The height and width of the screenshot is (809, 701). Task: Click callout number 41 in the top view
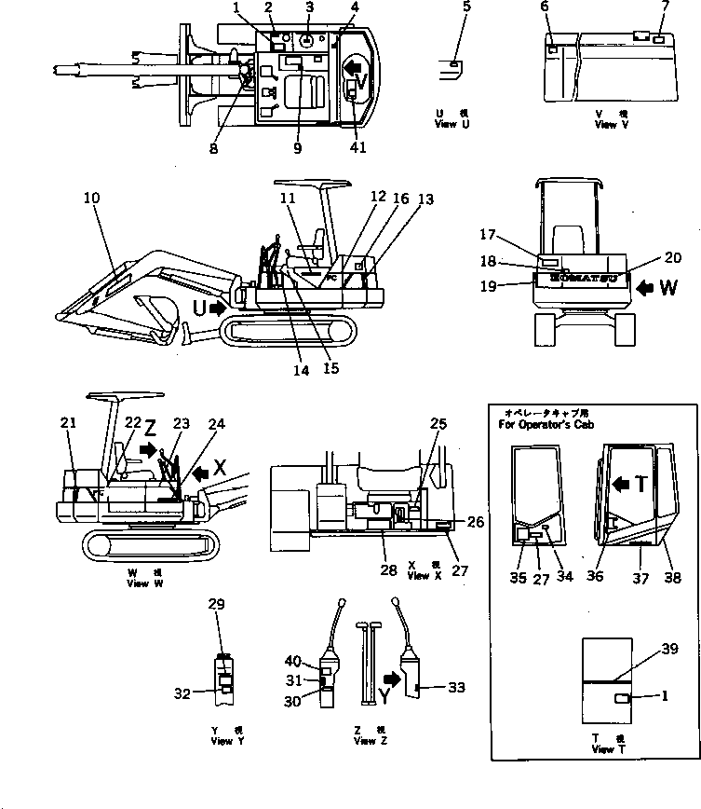[358, 147]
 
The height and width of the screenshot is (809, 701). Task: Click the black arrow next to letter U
[218, 308]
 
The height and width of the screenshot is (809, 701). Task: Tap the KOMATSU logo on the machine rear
[583, 277]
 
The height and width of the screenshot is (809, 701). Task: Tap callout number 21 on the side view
[69, 423]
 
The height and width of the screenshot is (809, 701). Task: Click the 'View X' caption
[418, 576]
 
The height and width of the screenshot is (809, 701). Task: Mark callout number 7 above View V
[666, 7]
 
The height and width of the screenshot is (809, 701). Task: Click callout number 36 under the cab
[595, 575]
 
